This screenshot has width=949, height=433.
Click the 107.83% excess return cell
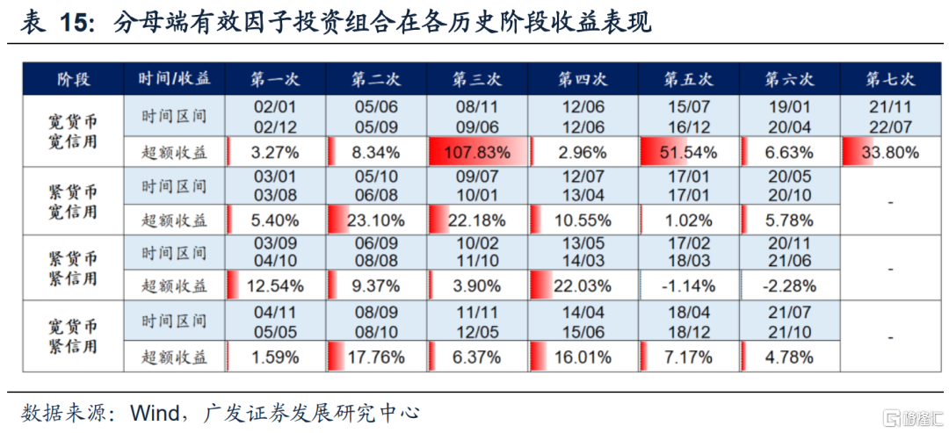tap(477, 153)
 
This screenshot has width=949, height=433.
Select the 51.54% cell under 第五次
tap(688, 153)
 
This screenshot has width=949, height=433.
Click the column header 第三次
tap(477, 79)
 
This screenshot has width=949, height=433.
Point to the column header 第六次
tap(789, 79)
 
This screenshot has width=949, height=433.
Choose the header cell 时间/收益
tap(173, 79)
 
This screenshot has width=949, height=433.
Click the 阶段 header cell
tap(73, 79)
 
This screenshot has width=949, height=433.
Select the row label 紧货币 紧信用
tap(72, 268)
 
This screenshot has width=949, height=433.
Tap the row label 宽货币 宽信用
tap(72, 131)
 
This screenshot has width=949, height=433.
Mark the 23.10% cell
tap(376, 220)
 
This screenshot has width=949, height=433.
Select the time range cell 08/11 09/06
tap(477, 118)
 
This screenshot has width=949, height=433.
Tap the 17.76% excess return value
tap(376, 357)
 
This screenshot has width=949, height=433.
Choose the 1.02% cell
tap(688, 220)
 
